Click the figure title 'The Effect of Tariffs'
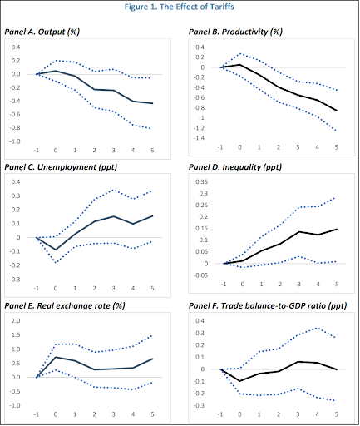pos(197,7)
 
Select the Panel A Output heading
pos(42,32)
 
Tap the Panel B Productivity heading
pos(235,32)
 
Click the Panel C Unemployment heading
pos(61,167)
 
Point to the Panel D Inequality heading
pos(235,167)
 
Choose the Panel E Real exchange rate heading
pos(65,306)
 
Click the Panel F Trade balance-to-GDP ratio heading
pos(268,306)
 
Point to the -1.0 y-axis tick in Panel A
pos(15,141)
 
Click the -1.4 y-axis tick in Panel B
pos(199,138)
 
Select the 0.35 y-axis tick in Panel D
pos(202,182)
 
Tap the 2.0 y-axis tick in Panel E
pos(16,321)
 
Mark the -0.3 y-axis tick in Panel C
pos(15,280)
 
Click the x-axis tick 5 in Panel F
pos(337,414)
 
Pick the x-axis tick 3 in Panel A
pos(114,151)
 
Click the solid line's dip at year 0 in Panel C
pos(56,250)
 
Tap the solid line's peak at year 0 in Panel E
pos(56,357)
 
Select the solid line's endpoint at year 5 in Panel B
pos(337,111)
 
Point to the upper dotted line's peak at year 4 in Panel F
pos(318,328)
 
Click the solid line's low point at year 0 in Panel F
pos(239,381)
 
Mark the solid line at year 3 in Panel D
pos(299,231)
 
